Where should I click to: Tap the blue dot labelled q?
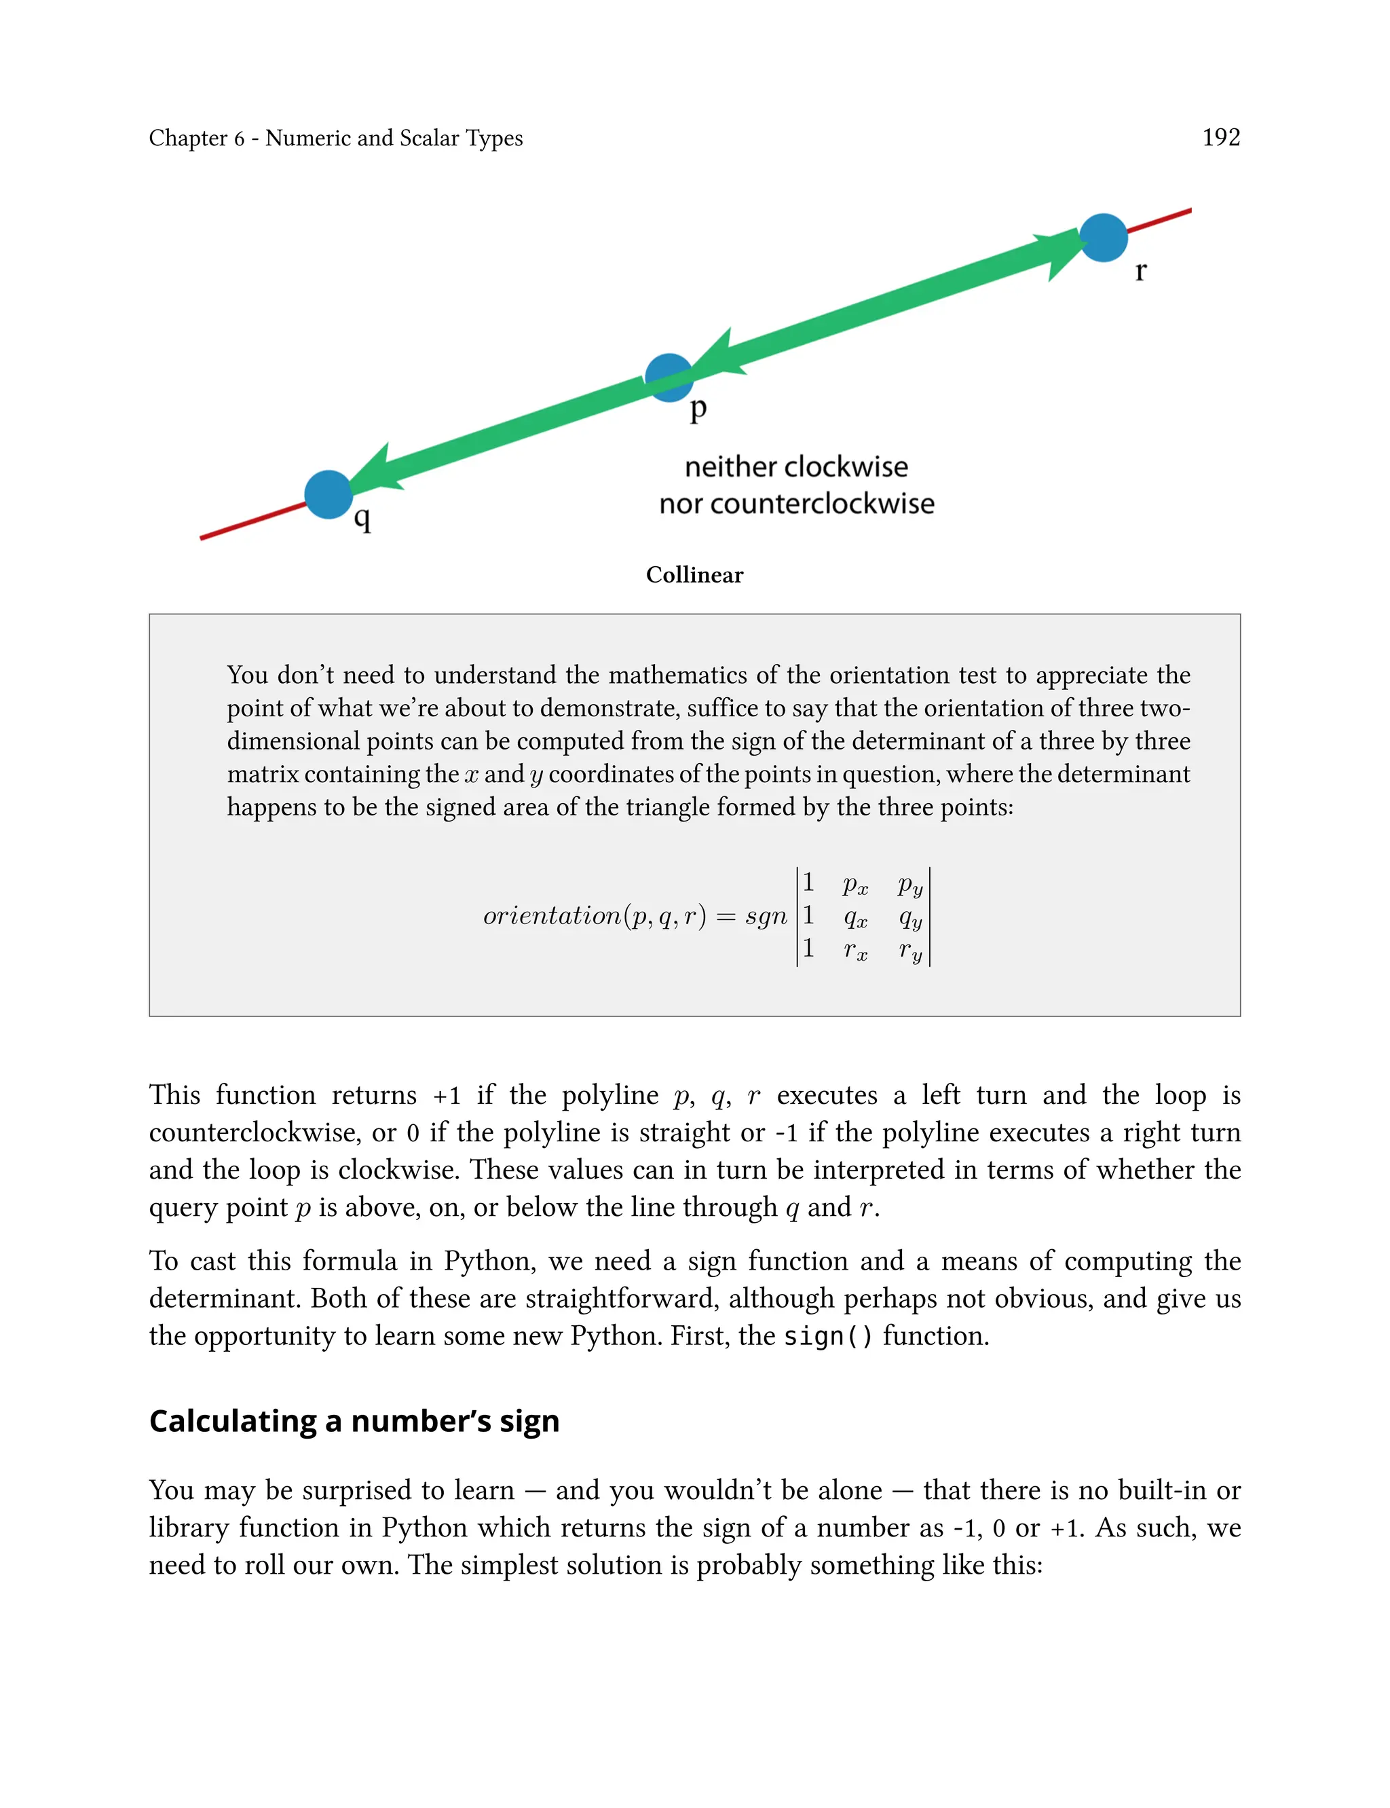click(x=328, y=494)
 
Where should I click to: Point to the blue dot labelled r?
click(x=1103, y=238)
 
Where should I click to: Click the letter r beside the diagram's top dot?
click(x=1141, y=271)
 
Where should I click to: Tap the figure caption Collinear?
click(x=694, y=575)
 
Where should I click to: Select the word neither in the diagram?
click(x=728, y=468)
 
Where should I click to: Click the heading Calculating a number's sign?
click(x=354, y=1421)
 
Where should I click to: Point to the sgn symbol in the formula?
click(x=766, y=916)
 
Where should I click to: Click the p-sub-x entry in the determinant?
click(x=854, y=885)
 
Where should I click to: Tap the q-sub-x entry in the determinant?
click(x=854, y=918)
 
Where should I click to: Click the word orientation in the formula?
click(x=552, y=916)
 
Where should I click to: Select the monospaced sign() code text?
click(x=827, y=1336)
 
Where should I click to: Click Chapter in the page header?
click(x=188, y=139)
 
